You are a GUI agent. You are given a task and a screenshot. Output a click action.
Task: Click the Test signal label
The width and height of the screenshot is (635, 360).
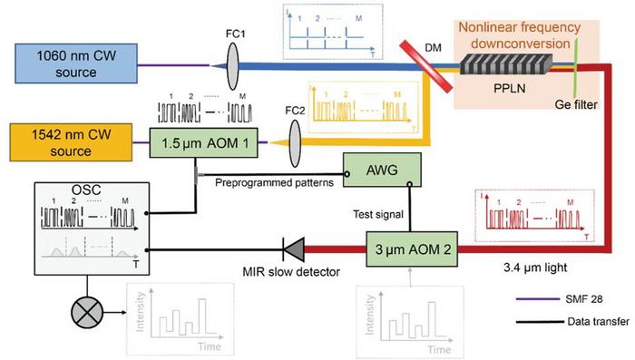pos(374,216)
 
